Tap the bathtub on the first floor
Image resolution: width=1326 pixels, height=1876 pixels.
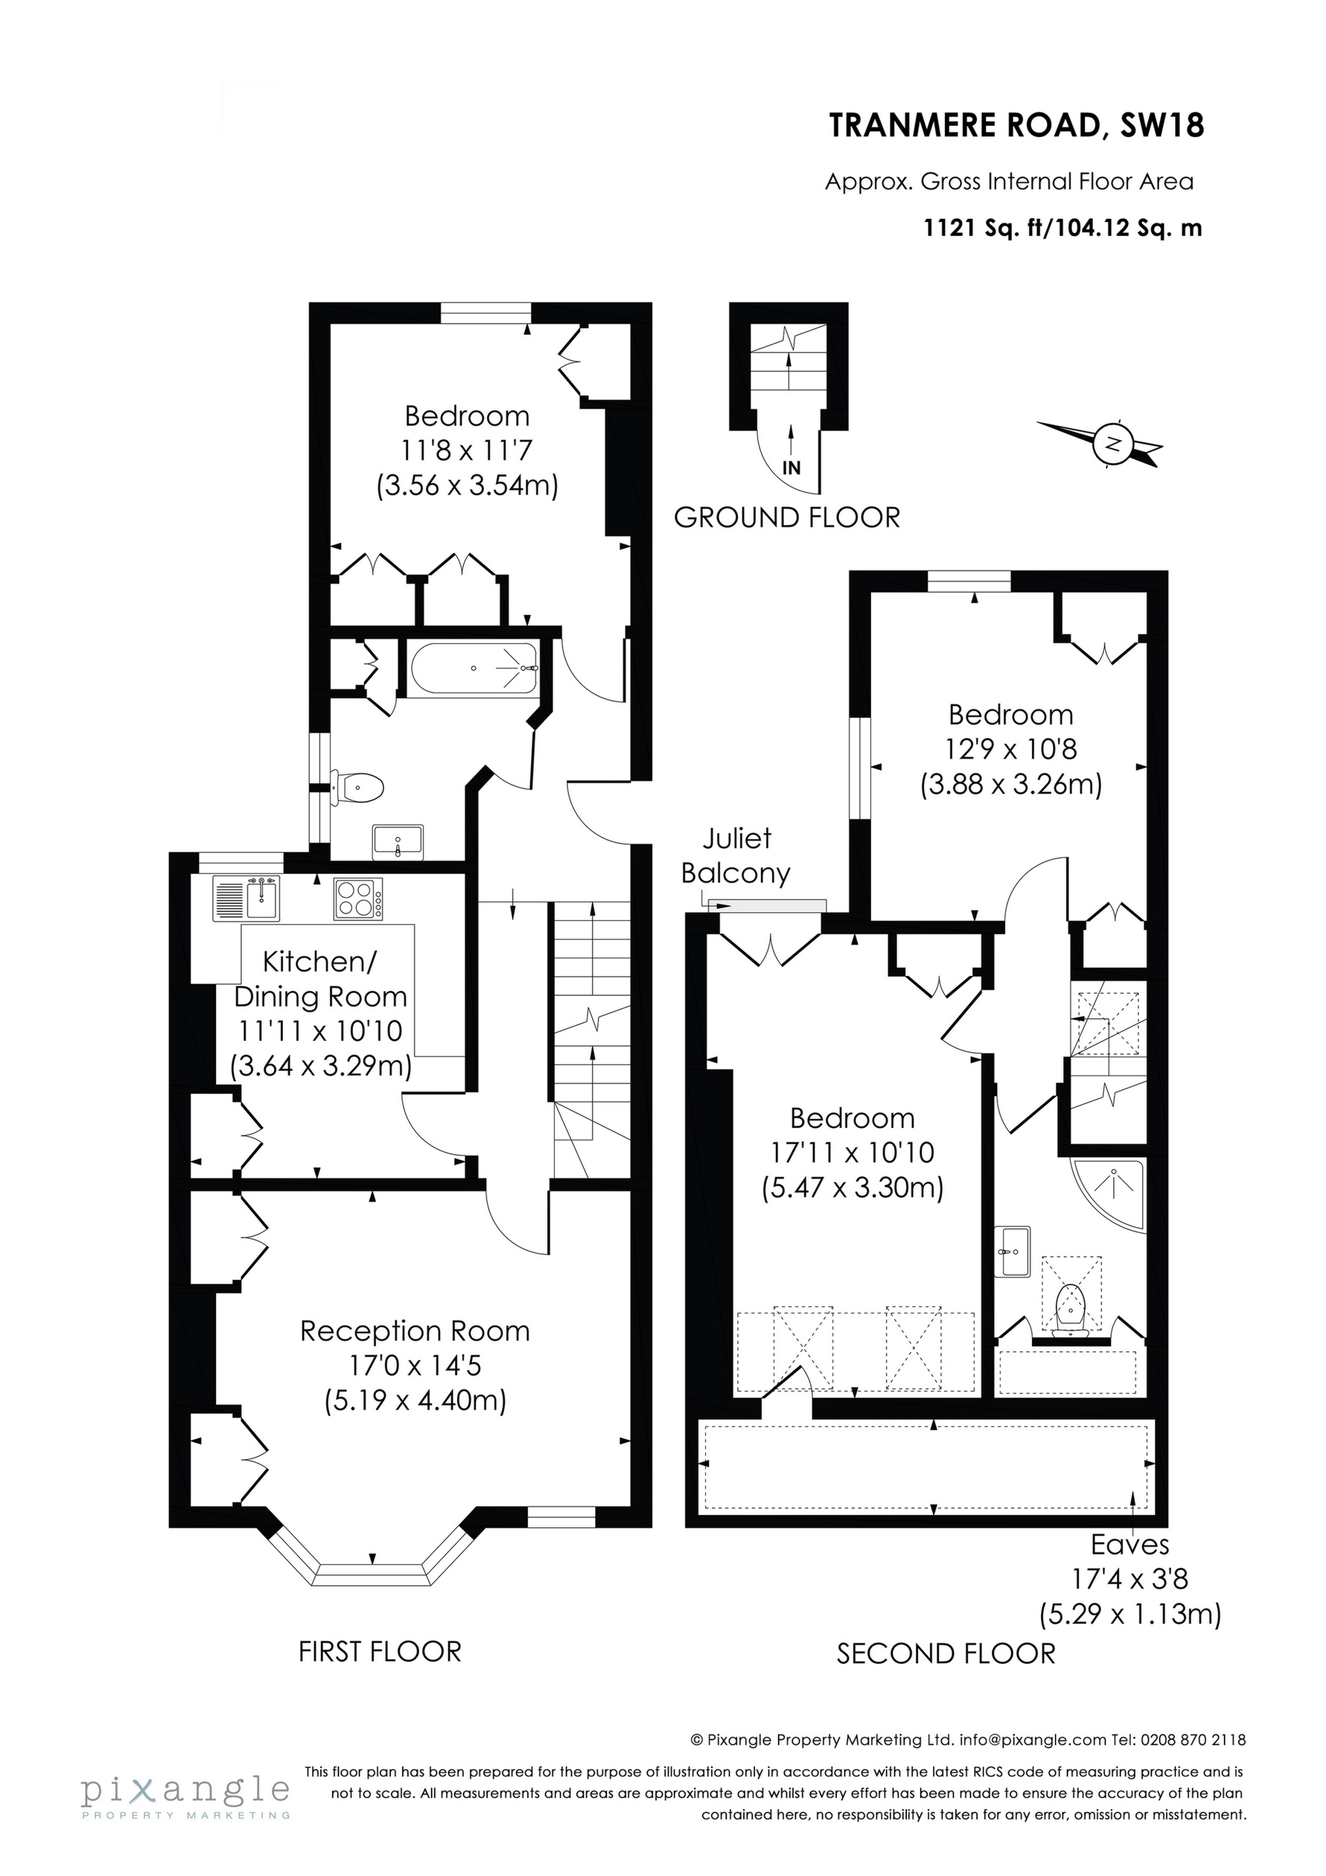[474, 668]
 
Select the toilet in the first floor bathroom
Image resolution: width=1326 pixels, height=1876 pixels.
[359, 787]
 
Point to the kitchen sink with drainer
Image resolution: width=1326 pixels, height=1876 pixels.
[246, 898]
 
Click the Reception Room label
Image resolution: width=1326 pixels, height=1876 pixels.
[415, 1331]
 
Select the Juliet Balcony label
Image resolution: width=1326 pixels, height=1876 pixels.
[735, 855]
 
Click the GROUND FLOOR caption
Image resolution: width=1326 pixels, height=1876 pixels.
[787, 517]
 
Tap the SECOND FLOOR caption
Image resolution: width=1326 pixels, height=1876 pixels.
[946, 1654]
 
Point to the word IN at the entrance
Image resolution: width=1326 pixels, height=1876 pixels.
[791, 468]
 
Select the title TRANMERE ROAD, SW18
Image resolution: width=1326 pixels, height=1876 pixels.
[1017, 126]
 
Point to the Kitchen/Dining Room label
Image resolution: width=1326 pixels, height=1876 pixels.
[320, 978]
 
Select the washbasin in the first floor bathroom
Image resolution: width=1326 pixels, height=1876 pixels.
[398, 842]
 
